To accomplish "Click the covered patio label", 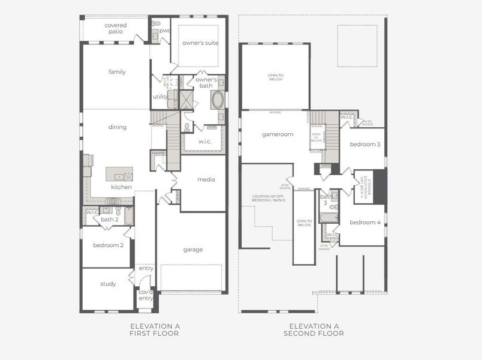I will pyautogui.click(x=116, y=28).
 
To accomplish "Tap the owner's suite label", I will pyautogui.click(x=200, y=43).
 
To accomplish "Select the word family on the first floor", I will pyautogui.click(x=117, y=72).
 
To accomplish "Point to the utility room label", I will pyautogui.click(x=160, y=97).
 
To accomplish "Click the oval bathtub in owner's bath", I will pyautogui.click(x=217, y=99).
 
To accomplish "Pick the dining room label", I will pyautogui.click(x=117, y=127).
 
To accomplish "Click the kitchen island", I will pyautogui.click(x=119, y=174).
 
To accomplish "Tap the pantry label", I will pyautogui.click(x=158, y=154).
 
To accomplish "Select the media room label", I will pyautogui.click(x=206, y=179).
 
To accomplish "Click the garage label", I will pyautogui.click(x=193, y=250).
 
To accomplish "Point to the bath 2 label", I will pyautogui.click(x=109, y=220).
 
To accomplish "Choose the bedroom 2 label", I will pyautogui.click(x=109, y=245).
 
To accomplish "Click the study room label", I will pyautogui.click(x=108, y=284).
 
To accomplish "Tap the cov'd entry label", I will pyautogui.click(x=146, y=295).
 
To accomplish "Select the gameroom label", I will pyautogui.click(x=277, y=134).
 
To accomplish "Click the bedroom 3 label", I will pyautogui.click(x=365, y=145).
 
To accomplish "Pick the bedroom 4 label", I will pyautogui.click(x=365, y=223).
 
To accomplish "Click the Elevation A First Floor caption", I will pyautogui.click(x=155, y=329).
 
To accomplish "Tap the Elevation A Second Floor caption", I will pyautogui.click(x=314, y=329).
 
